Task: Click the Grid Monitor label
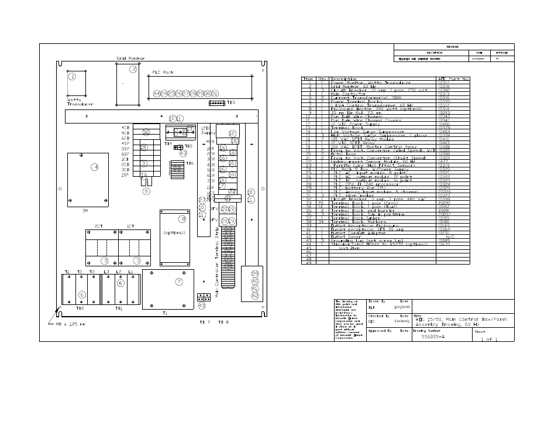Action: (x=130, y=59)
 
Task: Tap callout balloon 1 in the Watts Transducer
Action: (x=73, y=76)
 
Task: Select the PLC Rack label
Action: (x=163, y=73)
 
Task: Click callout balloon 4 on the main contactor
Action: (x=94, y=167)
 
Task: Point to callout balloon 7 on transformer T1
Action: (x=178, y=282)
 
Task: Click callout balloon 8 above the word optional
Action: (x=182, y=219)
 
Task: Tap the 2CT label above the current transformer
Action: (x=98, y=225)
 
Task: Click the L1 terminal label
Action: (x=130, y=272)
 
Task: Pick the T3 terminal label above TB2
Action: (x=92, y=272)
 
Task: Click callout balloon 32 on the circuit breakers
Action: (x=146, y=132)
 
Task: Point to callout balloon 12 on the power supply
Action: (x=232, y=133)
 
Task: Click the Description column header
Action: (x=344, y=78)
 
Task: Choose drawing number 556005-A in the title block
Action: (x=433, y=337)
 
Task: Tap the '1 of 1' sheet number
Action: (x=490, y=340)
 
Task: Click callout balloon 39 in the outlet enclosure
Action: (x=254, y=274)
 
